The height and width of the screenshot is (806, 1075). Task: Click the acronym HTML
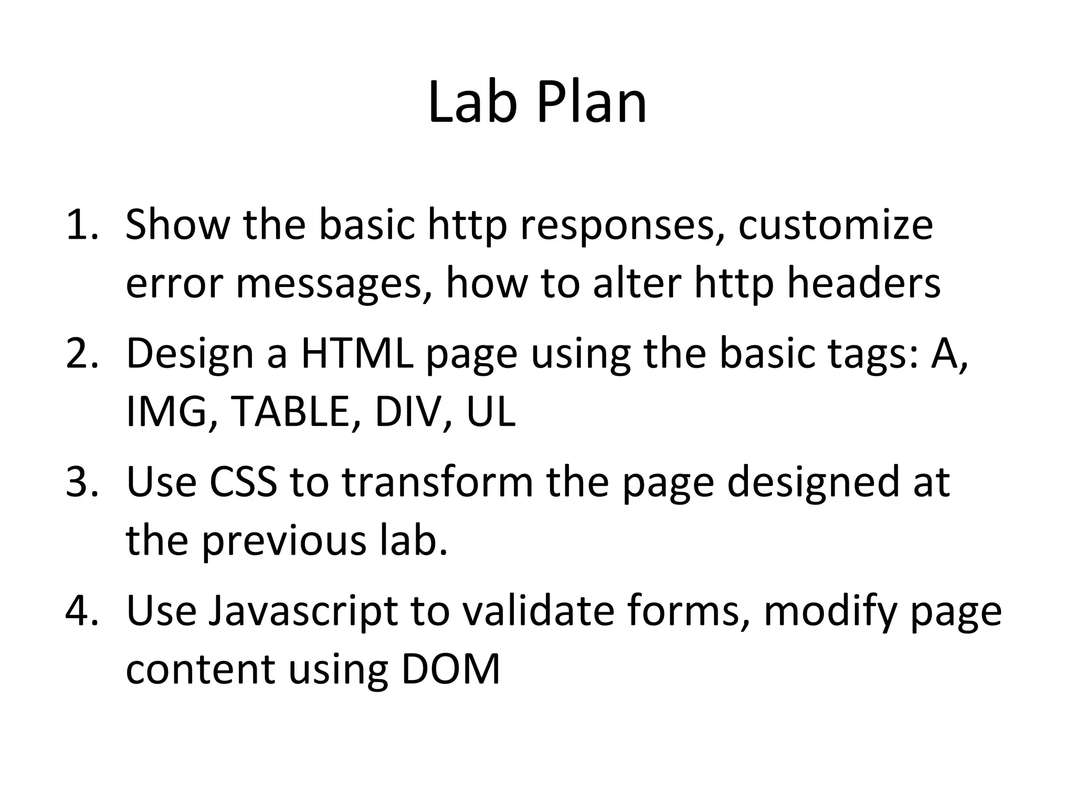[357, 354]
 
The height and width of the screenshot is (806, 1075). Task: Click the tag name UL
[490, 411]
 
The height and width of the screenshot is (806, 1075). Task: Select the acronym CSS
[243, 482]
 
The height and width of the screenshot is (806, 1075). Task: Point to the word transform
[438, 482]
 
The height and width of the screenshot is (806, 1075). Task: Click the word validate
[533, 611]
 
